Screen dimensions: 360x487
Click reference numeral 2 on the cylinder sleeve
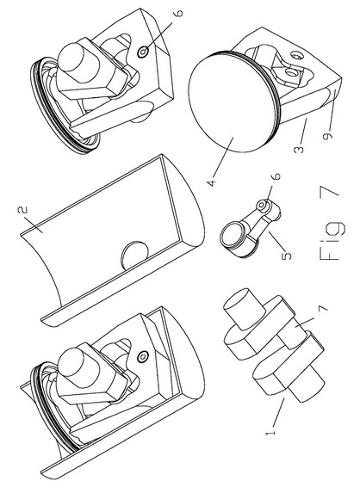(23, 210)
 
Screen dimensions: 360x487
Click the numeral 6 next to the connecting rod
(276, 176)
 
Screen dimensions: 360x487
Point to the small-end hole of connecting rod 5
(263, 205)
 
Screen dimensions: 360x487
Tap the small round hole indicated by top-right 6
(142, 52)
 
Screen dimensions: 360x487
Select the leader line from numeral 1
(278, 413)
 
